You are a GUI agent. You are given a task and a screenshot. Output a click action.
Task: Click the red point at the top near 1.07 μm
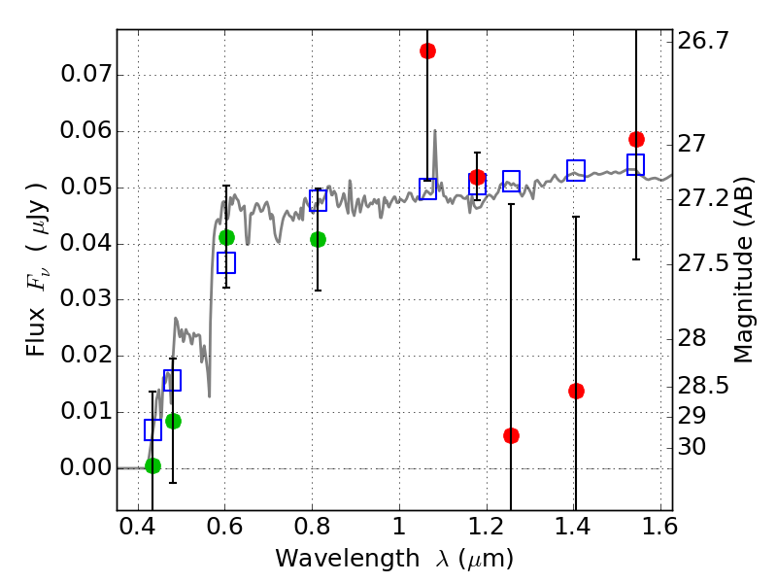[427, 51]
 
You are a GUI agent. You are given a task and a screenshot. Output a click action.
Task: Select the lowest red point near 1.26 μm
[511, 435]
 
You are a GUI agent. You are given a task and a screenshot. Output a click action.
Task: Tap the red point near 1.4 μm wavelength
[576, 391]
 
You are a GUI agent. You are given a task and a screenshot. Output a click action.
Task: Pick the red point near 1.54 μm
[636, 139]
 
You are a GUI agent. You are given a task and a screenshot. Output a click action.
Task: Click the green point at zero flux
[152, 465]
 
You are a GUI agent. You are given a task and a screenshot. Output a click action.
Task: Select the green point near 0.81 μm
[318, 239]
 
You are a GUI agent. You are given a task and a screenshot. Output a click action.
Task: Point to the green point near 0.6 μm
[226, 237]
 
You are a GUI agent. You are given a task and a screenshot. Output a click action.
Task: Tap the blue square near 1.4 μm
[576, 170]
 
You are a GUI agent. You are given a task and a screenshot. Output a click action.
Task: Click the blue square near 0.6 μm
[226, 262]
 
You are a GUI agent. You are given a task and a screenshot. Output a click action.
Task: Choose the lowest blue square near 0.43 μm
[152, 429]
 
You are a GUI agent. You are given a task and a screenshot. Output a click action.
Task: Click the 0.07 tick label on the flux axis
[84, 75]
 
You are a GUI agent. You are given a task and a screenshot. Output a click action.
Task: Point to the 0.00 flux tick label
[84, 467]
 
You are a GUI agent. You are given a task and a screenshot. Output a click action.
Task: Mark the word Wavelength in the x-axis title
[327, 559]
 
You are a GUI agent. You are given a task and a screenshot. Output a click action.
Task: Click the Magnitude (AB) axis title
[745, 269]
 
